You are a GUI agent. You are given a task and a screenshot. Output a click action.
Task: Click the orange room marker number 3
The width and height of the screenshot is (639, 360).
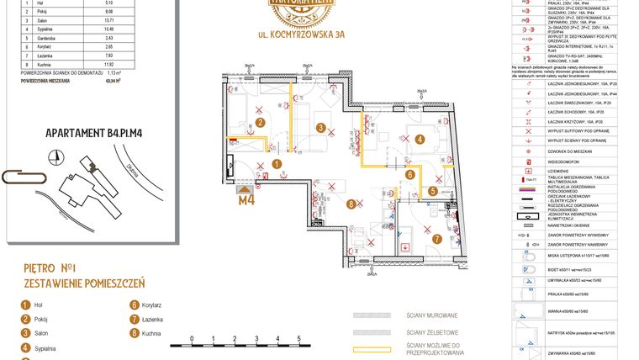click(320, 128)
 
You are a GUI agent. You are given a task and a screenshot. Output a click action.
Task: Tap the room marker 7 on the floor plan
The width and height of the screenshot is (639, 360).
click(438, 239)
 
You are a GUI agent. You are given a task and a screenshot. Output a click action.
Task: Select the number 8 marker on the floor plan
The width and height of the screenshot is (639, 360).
click(351, 203)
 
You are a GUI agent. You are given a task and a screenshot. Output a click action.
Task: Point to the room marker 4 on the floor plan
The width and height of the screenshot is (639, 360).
click(418, 140)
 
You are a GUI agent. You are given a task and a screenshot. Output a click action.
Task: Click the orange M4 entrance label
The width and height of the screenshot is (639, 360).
click(246, 200)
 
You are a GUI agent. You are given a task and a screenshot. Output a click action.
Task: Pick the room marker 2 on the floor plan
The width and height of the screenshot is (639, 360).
click(261, 123)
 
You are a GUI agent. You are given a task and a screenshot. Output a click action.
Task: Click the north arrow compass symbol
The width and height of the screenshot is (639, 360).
click(55, 157)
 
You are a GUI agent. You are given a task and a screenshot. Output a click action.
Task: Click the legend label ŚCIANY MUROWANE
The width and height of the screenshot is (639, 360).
click(430, 315)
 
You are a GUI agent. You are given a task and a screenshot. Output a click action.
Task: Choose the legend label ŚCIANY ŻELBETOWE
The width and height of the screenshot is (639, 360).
click(431, 331)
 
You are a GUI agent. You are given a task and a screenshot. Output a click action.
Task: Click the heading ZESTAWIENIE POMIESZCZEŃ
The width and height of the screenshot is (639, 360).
click(84, 284)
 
